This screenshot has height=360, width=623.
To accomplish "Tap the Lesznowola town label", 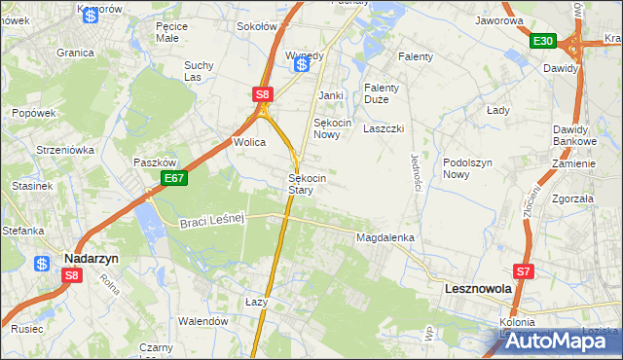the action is click(477, 289).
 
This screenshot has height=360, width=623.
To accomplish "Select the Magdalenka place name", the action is click(385, 237).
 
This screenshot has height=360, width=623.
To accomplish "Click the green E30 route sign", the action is click(543, 41).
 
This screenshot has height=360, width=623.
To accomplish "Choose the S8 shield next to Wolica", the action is click(262, 94).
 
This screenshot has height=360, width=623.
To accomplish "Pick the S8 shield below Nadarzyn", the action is click(71, 276).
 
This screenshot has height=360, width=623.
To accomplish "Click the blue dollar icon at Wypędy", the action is click(303, 63).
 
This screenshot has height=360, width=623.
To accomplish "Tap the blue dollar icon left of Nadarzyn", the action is click(42, 264).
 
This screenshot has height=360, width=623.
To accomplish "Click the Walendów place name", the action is click(202, 320).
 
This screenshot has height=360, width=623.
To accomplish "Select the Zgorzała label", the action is click(572, 198).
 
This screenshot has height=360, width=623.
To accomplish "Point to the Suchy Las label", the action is click(199, 72).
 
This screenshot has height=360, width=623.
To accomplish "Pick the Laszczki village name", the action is click(384, 128).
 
